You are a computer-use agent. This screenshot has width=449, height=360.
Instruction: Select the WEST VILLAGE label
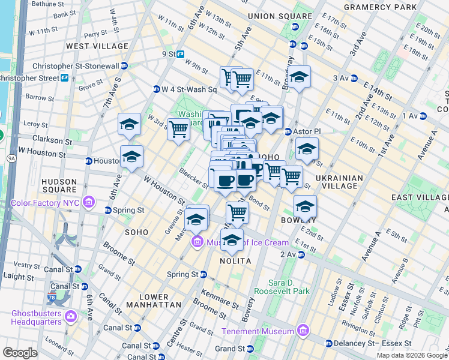97,46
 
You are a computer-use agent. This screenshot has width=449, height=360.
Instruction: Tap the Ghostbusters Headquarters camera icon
71,316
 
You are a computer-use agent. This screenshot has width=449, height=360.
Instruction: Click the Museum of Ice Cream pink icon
196,242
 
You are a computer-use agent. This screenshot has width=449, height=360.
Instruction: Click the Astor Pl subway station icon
288,131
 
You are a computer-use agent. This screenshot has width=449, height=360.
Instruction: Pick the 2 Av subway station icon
301,254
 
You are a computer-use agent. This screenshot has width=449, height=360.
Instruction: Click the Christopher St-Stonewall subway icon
124,66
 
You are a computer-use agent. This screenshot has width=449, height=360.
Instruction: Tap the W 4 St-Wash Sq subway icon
156,89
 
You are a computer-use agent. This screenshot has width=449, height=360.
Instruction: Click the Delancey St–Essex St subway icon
328,344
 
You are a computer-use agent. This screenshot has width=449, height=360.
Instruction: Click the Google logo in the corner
20,353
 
